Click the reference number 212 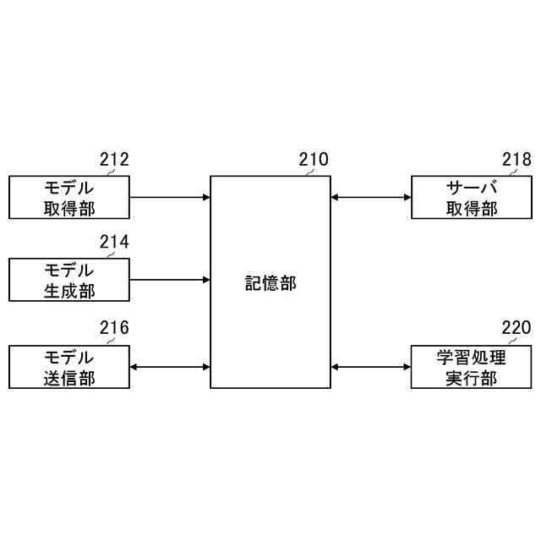coord(114,160)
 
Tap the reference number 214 coord(114,243)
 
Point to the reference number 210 coord(314,160)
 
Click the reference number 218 coord(516,160)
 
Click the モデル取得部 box coord(69,198)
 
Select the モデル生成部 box coord(69,280)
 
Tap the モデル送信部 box coord(69,367)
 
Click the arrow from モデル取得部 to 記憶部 coord(169,198)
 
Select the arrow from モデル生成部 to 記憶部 coord(169,280)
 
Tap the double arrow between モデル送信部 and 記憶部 coord(169,367)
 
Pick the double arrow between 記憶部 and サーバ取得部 coord(370,198)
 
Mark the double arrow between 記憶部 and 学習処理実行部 coord(370,367)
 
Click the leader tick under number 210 coord(309,172)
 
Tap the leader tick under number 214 coord(109,255)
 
